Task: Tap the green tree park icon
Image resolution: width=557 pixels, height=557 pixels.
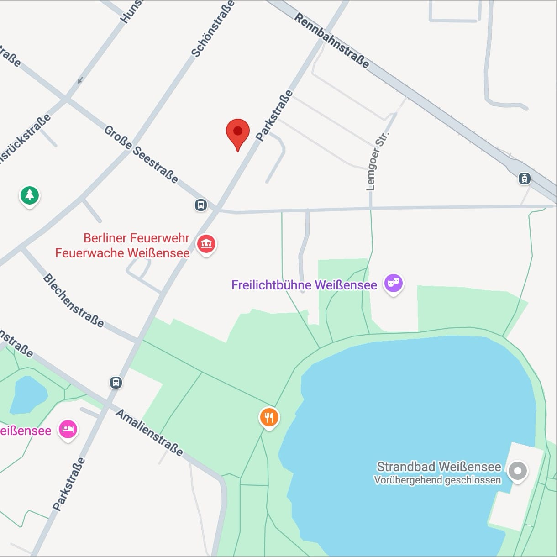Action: tap(30, 195)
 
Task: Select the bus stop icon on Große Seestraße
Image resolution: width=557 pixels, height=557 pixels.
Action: tap(201, 205)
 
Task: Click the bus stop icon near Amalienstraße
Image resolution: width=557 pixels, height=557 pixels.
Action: tap(116, 382)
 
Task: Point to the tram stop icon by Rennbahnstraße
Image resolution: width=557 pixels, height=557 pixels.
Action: tap(525, 179)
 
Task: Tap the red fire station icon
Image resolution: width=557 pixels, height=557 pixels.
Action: tap(206, 244)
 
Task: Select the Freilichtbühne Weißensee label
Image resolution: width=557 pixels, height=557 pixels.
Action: tap(304, 285)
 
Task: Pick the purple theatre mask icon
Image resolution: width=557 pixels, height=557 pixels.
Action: tap(393, 284)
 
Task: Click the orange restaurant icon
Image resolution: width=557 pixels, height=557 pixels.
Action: tap(269, 417)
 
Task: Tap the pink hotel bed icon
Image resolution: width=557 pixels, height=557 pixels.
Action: tap(68, 430)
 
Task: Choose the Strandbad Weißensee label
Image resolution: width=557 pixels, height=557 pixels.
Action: tap(438, 467)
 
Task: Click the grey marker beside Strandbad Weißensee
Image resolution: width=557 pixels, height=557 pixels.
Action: tap(517, 471)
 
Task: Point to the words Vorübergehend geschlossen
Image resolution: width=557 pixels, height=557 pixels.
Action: tap(437, 480)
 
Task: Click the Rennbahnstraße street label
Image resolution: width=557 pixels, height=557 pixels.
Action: tap(332, 41)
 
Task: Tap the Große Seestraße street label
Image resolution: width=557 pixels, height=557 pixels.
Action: tap(142, 154)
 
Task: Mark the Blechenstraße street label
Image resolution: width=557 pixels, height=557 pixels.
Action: tap(74, 301)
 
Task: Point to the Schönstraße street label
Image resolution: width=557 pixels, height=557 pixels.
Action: tap(213, 29)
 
